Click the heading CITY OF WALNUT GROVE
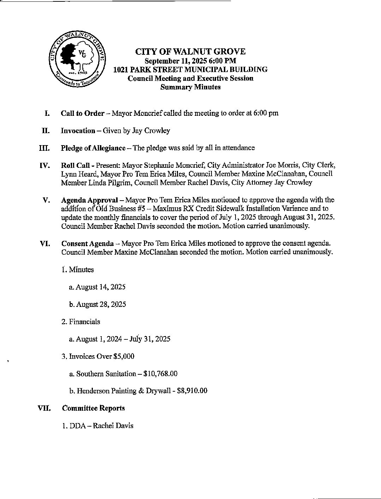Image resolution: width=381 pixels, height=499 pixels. pos(190,52)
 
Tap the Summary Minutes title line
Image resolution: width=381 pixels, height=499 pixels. pos(190,87)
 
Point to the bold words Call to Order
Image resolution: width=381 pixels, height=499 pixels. pos(83,113)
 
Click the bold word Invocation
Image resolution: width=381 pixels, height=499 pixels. pos(78,131)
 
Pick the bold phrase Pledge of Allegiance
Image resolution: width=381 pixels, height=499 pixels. pos(93,148)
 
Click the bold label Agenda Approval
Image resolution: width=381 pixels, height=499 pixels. pos(89,200)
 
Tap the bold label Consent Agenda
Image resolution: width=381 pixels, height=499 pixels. pos(88,244)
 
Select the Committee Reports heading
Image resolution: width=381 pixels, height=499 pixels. pos(94,408)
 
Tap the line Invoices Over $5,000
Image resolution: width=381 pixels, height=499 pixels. pos(98,356)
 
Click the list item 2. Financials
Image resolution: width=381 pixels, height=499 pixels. pos(81,322)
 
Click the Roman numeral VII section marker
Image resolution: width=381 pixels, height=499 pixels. pos(44,408)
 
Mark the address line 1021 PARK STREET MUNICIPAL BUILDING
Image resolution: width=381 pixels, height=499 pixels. pos(190,70)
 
